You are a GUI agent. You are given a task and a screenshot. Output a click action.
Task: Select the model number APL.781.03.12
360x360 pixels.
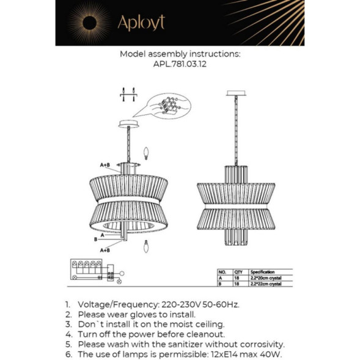point(180,65)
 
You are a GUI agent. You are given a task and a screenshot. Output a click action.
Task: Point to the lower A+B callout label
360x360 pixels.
point(105,249)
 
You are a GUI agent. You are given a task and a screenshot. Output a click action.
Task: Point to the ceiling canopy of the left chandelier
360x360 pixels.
point(128,124)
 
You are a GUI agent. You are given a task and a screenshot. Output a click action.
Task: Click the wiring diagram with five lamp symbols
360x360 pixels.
point(92,270)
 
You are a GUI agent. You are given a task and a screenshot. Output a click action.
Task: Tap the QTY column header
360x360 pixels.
point(238,271)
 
